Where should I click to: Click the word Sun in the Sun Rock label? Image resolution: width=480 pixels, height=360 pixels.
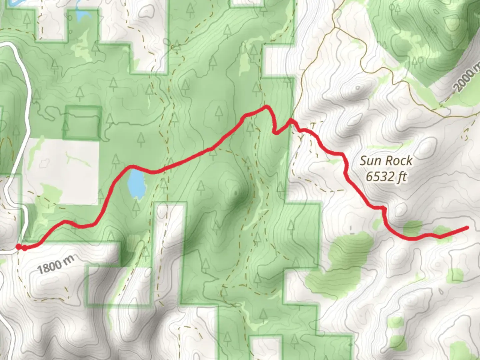coord(370,161)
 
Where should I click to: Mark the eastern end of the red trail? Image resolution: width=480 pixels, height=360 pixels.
coord(468,228)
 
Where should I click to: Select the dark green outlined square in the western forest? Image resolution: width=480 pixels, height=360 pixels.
coord(83,122)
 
